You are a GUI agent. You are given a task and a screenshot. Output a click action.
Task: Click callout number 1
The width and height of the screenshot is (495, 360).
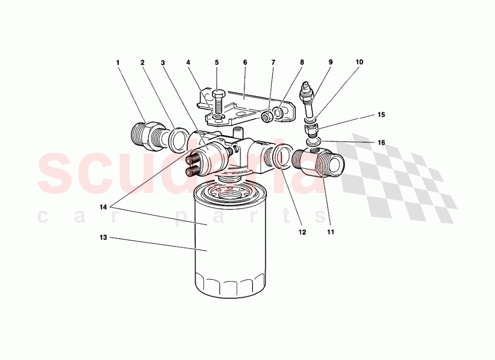(118, 63)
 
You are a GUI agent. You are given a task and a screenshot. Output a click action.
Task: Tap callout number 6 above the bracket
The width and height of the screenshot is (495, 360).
(245, 63)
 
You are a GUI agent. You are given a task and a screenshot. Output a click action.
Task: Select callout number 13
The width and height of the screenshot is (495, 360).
(103, 238)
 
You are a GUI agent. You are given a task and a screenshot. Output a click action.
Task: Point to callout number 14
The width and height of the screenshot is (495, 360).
(103, 207)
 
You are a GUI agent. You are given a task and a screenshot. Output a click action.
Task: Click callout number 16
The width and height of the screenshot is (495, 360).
(381, 143)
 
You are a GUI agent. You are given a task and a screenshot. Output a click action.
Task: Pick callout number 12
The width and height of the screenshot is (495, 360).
(302, 231)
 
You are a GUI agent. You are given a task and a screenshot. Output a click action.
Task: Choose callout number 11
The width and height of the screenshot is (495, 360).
(331, 231)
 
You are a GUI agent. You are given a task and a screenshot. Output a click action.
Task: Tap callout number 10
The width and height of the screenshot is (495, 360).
(359, 62)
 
